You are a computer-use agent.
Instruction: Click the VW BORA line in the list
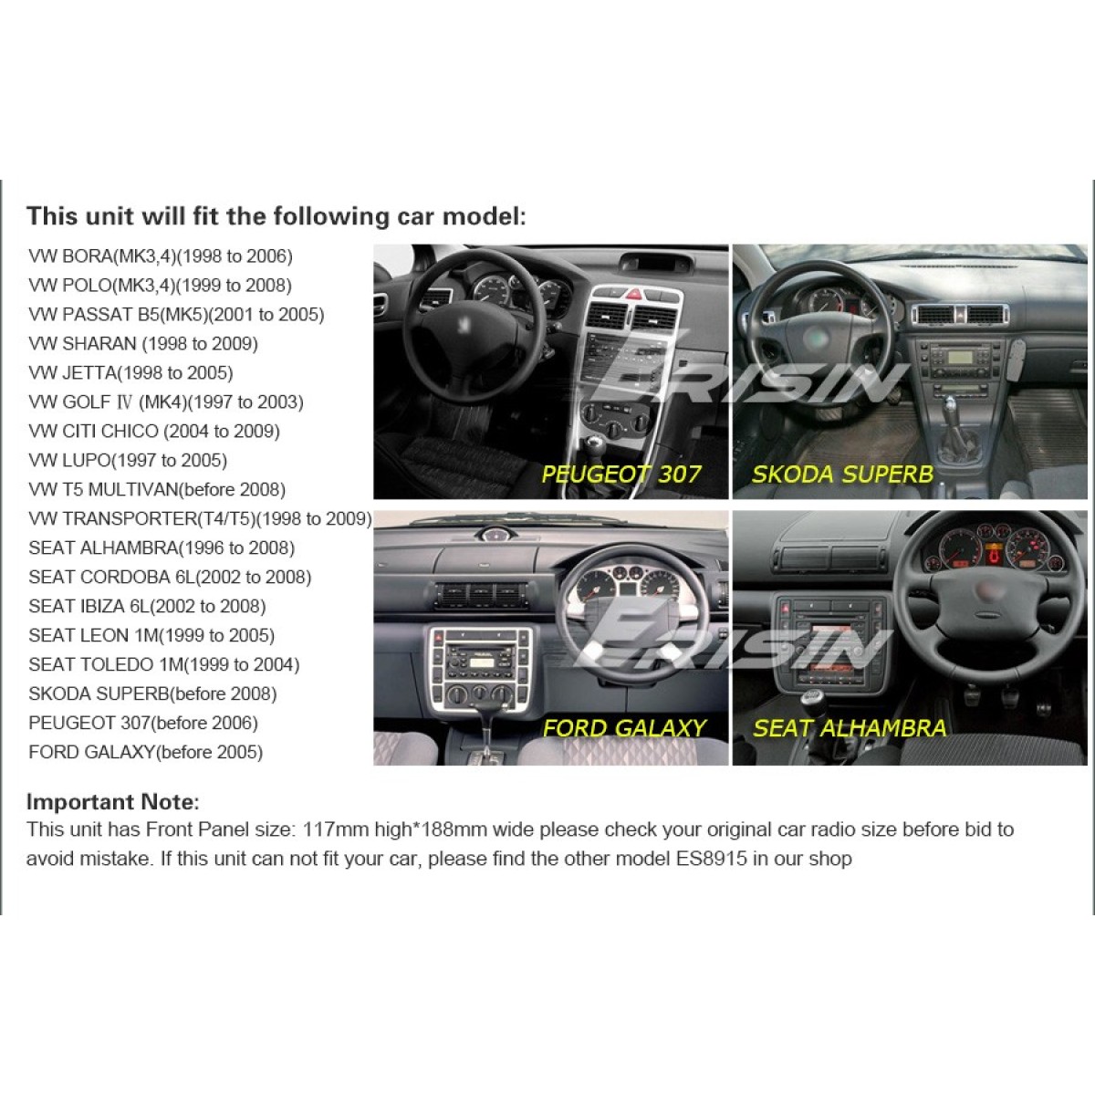click(161, 256)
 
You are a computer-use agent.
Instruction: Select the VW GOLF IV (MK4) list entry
click(166, 402)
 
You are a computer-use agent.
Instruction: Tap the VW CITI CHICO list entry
click(154, 432)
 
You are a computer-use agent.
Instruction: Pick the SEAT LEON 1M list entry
click(151, 635)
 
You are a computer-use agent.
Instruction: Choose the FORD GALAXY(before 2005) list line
click(145, 752)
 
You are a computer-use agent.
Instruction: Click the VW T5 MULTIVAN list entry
click(157, 490)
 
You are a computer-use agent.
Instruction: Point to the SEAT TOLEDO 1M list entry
click(164, 665)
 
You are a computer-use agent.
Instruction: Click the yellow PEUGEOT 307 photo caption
click(620, 474)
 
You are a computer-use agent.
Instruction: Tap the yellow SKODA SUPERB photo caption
click(842, 474)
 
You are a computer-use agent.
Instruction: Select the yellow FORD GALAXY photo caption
click(624, 728)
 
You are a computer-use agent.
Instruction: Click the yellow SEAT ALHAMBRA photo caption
click(850, 728)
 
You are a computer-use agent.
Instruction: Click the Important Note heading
click(113, 802)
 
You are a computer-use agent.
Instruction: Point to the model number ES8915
click(711, 858)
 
